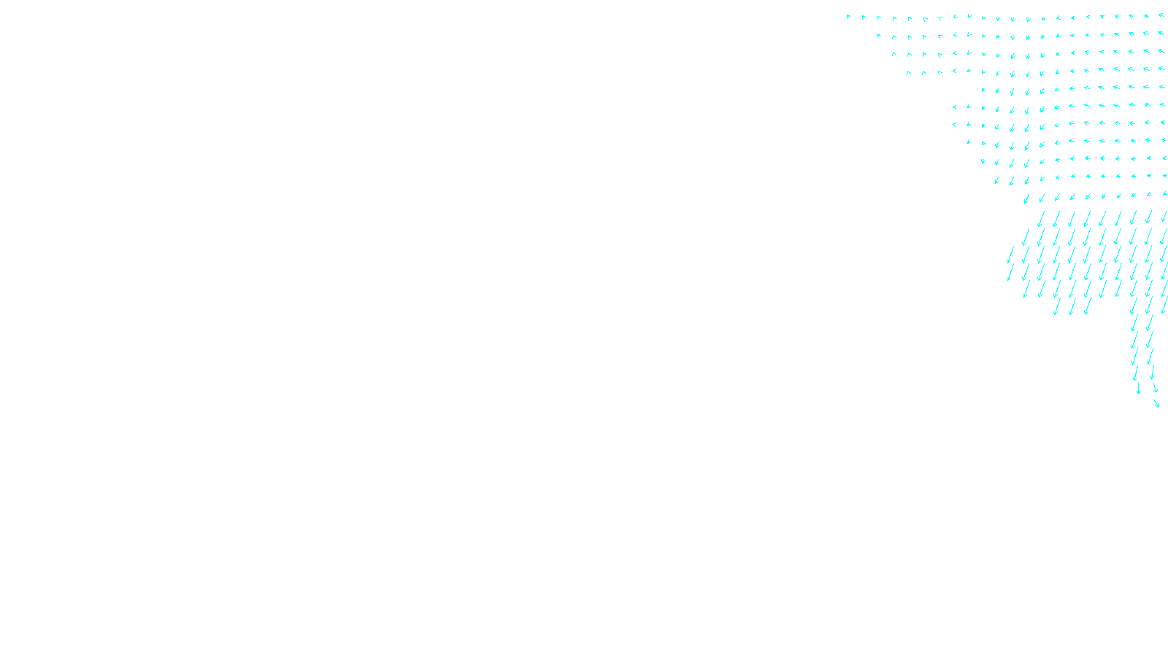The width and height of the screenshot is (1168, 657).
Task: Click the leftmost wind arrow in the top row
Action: pyautogui.click(x=848, y=16)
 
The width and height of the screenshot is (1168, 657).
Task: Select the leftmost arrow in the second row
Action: pyautogui.click(x=879, y=35)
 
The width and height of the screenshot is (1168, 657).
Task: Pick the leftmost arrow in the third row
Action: pyautogui.click(x=894, y=53)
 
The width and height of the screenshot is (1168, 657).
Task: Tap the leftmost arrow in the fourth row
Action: pyautogui.click(x=909, y=72)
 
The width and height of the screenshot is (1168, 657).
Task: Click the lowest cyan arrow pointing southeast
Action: pyautogui.click(x=1156, y=403)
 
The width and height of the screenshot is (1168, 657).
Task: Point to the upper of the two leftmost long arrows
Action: pyautogui.click(x=1011, y=255)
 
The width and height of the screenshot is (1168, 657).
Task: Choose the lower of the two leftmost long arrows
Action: pyautogui.click(x=1010, y=273)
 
